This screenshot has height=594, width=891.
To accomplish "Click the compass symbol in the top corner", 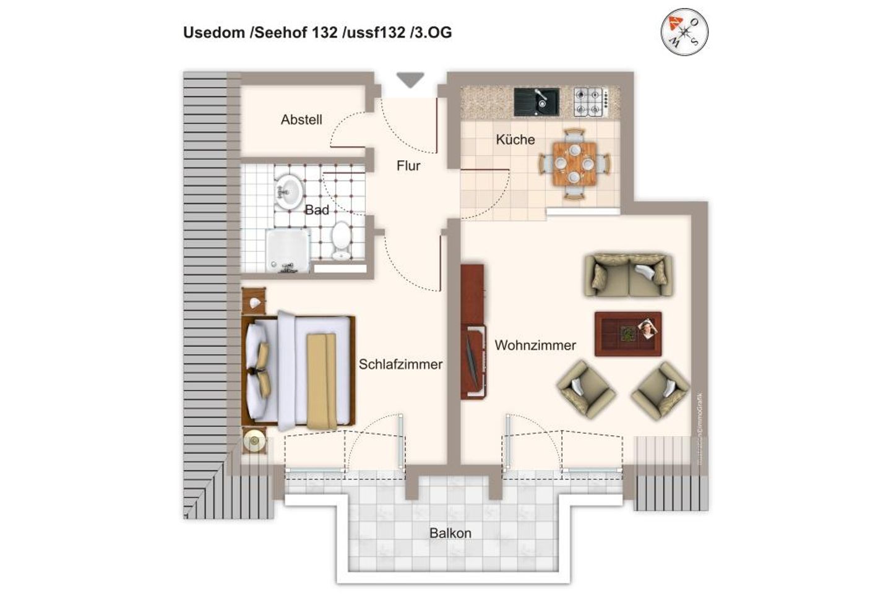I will (x=684, y=30).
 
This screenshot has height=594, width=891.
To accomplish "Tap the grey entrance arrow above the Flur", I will (x=410, y=80).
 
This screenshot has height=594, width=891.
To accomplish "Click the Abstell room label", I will (x=301, y=120).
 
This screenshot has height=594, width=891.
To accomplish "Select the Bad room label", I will (x=317, y=210).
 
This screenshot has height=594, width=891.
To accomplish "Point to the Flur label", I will (x=408, y=166).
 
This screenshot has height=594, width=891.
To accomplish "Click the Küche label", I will (x=515, y=140).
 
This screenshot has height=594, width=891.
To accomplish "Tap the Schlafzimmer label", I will (x=400, y=364).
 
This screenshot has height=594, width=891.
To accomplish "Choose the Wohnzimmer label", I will (x=535, y=345).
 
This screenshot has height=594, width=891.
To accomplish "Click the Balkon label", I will (x=450, y=533).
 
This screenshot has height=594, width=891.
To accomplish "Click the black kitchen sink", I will (x=536, y=102).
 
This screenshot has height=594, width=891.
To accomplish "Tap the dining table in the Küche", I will (x=575, y=163).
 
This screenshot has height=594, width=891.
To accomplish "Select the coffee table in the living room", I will (x=628, y=334).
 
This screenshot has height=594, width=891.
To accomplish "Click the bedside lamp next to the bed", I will (x=254, y=441).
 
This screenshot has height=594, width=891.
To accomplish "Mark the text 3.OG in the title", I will (x=433, y=33).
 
